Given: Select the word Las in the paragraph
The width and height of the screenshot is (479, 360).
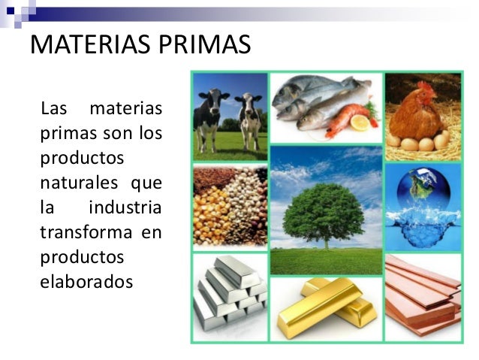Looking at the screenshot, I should click(55, 110).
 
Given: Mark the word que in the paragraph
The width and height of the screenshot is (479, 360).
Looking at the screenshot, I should click(146, 183).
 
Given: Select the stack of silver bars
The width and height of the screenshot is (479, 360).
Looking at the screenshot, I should click(230, 292).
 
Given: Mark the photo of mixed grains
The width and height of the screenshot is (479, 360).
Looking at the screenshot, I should click(230, 207).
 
